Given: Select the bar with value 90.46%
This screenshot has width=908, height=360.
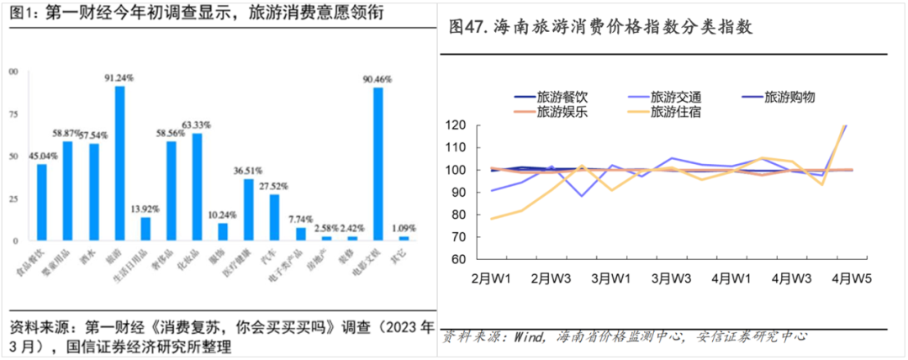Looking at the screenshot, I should click(377, 164).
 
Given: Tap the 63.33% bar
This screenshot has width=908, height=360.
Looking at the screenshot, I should click(197, 187).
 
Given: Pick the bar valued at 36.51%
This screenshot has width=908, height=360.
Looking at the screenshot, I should click(248, 209).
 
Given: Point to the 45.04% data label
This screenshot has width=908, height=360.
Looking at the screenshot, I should click(42, 156).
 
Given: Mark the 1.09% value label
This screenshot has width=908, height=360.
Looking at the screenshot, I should click(405, 229).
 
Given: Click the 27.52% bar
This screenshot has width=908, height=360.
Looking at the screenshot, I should click(274, 218).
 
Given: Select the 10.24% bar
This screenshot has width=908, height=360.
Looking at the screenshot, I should click(223, 231).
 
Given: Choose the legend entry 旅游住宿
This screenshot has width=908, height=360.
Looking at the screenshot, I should click(676, 112).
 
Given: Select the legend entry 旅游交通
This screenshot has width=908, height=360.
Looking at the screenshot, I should click(676, 98).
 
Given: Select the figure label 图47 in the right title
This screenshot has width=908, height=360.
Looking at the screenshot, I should click(467, 28).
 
